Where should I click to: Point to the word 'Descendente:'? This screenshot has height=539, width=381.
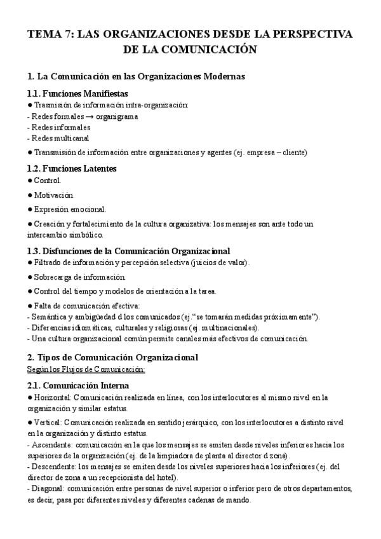[x=51, y=467]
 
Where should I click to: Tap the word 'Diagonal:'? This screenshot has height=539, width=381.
[x=46, y=489]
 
